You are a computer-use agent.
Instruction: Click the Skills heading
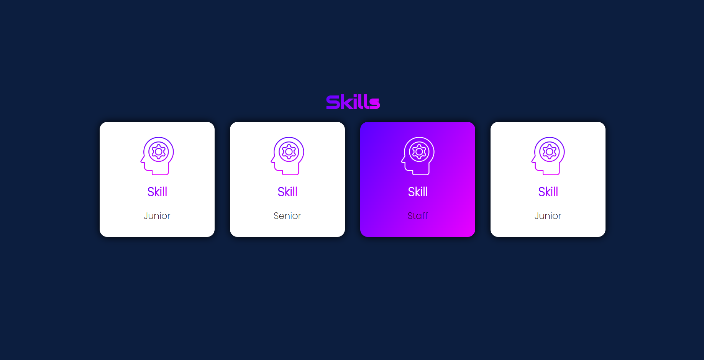coord(353,102)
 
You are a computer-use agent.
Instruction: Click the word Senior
coord(287,216)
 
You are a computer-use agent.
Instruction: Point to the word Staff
coord(418,216)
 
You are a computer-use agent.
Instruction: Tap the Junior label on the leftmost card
coord(157,216)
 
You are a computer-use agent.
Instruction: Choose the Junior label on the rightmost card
coord(548,216)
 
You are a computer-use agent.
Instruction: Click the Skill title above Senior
coord(287,192)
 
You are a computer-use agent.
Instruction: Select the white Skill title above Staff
coord(418,192)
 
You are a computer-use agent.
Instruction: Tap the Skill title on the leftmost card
coord(157,192)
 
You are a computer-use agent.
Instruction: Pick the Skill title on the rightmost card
coord(548,192)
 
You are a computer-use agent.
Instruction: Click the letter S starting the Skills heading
coord(333,102)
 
